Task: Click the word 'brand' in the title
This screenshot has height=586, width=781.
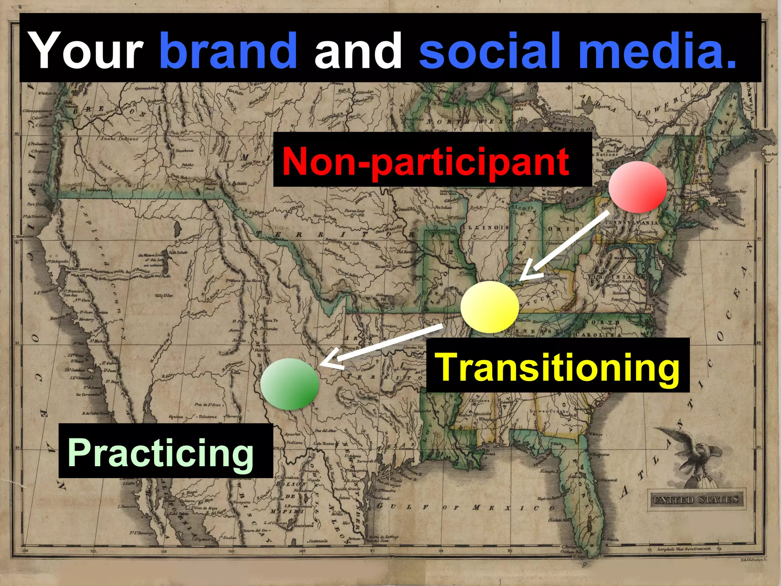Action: [x=228, y=50]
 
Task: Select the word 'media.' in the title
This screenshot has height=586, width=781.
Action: [x=657, y=50]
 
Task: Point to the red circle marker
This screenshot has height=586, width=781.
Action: [x=638, y=187]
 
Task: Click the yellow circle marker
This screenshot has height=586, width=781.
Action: [x=490, y=307]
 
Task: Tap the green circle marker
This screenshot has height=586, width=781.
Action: [x=290, y=384]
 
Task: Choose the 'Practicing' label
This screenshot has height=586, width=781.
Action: [x=161, y=452]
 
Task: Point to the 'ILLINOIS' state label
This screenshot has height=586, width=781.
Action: [x=485, y=228]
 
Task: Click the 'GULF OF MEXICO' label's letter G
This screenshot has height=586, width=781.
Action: [x=380, y=506]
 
